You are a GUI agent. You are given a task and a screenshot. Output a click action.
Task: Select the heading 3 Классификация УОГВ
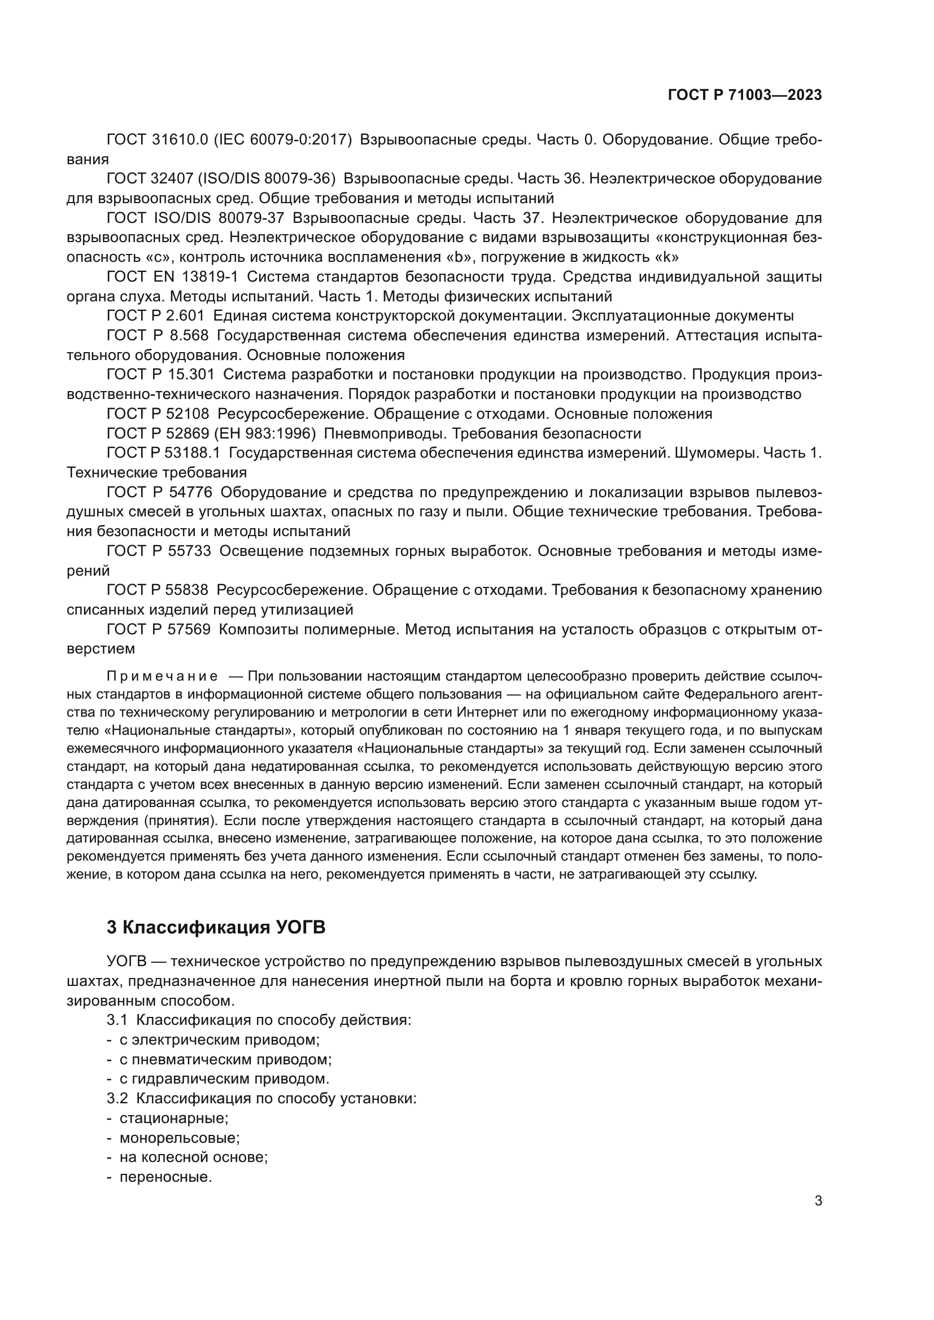[216, 927]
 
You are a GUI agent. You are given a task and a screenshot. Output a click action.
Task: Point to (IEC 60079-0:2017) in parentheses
[282, 140]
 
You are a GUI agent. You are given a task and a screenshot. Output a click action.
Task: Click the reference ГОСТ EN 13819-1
[172, 277]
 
